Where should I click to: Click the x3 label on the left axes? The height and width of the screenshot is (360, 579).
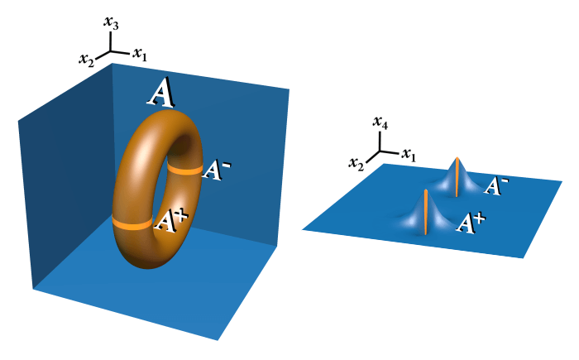[x=111, y=22]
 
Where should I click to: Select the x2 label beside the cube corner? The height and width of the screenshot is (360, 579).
[x=86, y=60]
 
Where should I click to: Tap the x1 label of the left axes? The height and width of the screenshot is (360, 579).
[x=140, y=54]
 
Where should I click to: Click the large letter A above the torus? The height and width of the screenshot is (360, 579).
[x=161, y=93]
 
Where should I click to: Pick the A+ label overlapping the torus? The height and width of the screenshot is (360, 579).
[x=170, y=221]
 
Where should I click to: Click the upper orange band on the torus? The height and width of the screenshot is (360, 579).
[x=184, y=170]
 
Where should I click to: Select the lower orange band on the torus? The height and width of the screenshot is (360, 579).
[x=132, y=223]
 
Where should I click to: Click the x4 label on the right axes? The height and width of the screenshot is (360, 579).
[x=380, y=122]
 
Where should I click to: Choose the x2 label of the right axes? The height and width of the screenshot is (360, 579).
[x=356, y=164]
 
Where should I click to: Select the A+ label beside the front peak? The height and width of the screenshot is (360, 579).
[x=471, y=223]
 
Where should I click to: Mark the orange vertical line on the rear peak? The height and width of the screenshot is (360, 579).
[x=457, y=176]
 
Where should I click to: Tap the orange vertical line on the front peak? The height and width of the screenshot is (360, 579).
[x=426, y=211]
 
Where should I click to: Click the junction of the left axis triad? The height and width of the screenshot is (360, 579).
[x=110, y=51]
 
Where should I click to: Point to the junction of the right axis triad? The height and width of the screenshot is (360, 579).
[x=380, y=151]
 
